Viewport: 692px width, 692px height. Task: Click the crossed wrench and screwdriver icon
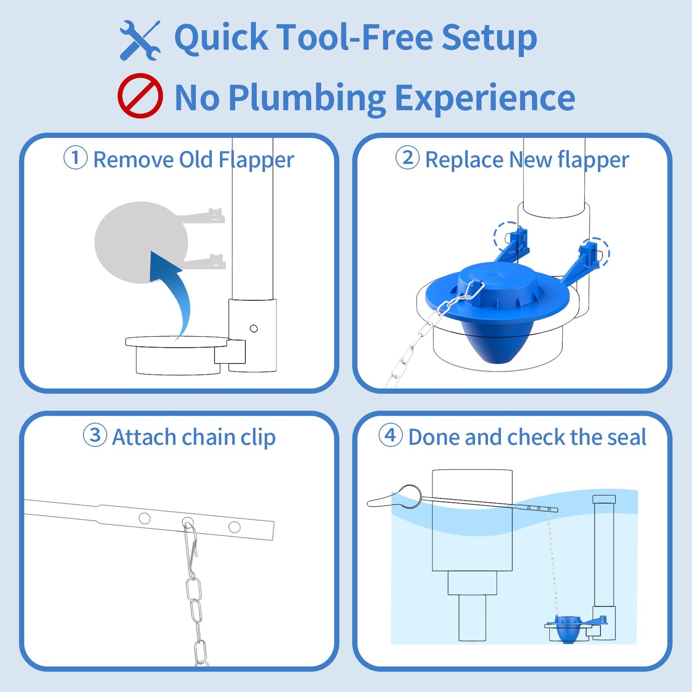pos(140,40)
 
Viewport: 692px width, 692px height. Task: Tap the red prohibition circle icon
pos(140,96)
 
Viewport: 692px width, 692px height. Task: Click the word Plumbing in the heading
pos(307,98)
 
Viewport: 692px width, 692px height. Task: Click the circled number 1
pos(76,158)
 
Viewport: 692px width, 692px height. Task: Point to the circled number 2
pos(408,158)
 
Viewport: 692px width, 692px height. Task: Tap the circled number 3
pos(95,435)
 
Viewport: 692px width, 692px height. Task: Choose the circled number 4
pos(390,435)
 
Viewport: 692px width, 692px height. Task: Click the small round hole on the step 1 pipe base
pos(254,329)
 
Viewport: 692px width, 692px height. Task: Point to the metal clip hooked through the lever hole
pos(191,546)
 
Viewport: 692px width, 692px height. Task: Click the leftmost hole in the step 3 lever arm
pos(144,518)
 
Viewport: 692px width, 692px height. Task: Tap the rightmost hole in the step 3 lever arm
pos(234,527)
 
